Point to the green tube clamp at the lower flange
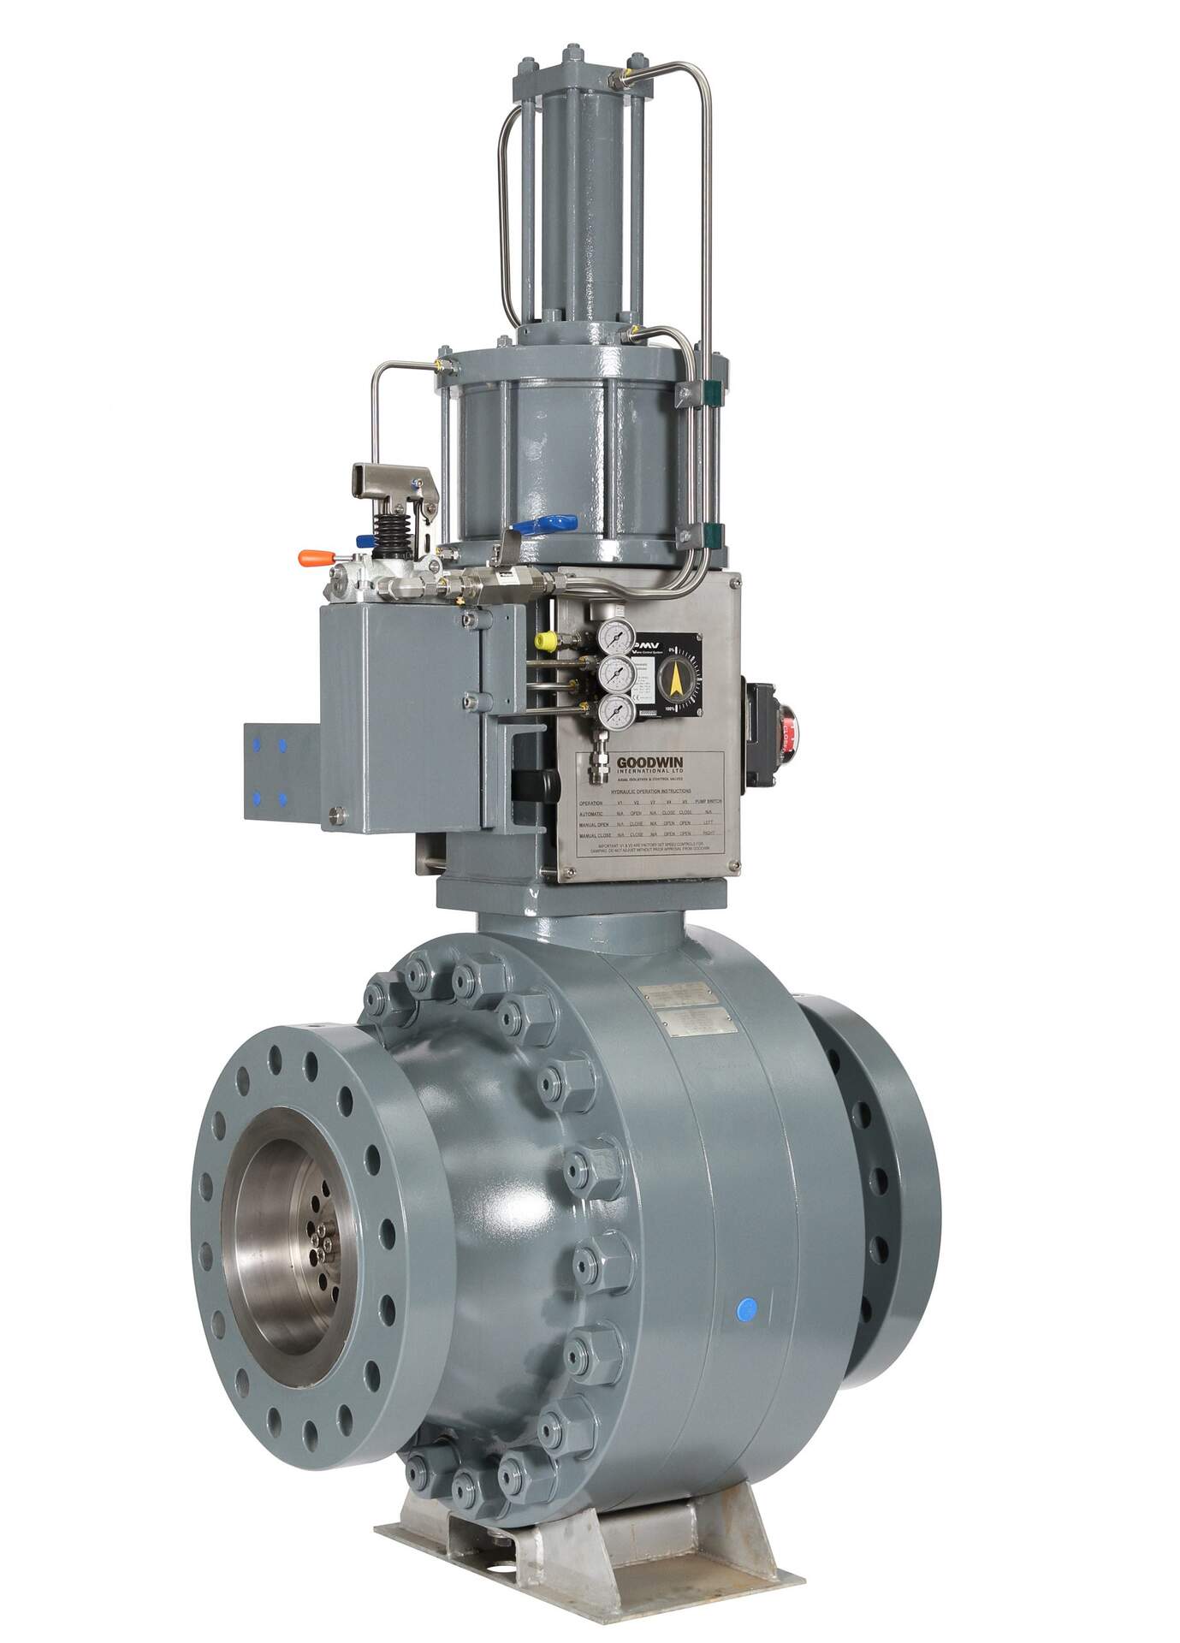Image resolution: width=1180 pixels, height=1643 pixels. click(x=712, y=532)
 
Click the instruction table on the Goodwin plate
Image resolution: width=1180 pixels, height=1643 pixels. click(x=650, y=818)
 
